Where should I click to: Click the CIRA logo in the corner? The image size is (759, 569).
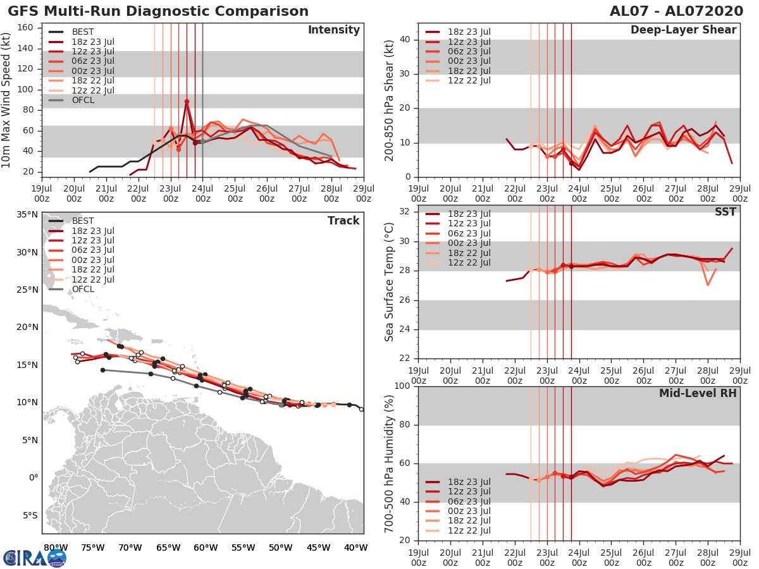click(34, 558)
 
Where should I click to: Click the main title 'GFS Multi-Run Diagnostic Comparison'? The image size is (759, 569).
click(158, 11)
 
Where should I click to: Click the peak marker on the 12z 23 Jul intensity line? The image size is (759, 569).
click(187, 101)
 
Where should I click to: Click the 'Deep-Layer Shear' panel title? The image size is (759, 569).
click(683, 30)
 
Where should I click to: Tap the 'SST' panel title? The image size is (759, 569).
click(725, 212)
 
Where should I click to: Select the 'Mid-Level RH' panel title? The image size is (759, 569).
click(698, 393)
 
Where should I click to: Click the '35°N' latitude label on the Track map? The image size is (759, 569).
click(27, 215)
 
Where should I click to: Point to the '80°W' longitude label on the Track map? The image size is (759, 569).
click(56, 548)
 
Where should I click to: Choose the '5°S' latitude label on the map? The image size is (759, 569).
click(29, 515)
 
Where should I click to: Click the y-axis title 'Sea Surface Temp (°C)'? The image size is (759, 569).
click(390, 282)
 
